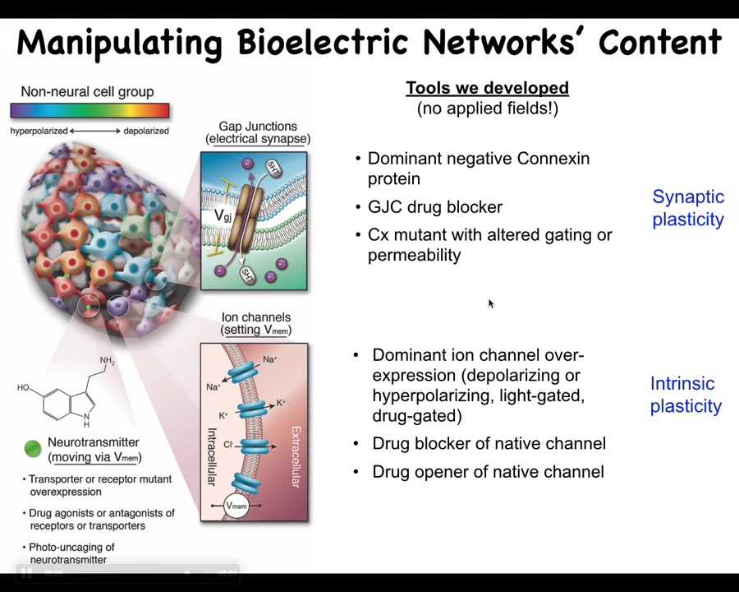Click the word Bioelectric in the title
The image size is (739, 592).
[323, 42]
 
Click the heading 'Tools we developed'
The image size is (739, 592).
[487, 88]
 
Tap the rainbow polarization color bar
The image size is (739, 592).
[90, 110]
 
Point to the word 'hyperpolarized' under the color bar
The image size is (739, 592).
[39, 132]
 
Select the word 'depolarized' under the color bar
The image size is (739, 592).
[146, 132]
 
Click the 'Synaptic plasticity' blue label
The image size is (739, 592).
[688, 208]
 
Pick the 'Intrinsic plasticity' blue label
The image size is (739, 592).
[686, 395]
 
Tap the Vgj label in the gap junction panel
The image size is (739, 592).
[223, 215]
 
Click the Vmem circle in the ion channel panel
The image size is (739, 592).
[236, 506]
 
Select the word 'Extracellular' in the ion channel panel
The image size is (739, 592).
[296, 456]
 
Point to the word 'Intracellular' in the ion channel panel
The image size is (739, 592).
[212, 456]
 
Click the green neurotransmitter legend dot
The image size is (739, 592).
[33, 448]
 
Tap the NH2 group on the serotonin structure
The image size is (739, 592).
[107, 361]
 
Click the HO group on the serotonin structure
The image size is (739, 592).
[23, 387]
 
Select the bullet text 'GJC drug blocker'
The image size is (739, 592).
[435, 206]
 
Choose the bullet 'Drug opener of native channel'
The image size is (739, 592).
[488, 472]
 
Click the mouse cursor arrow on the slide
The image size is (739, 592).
[491, 303]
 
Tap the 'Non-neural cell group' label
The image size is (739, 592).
[87, 91]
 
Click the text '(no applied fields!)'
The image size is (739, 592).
[487, 109]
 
